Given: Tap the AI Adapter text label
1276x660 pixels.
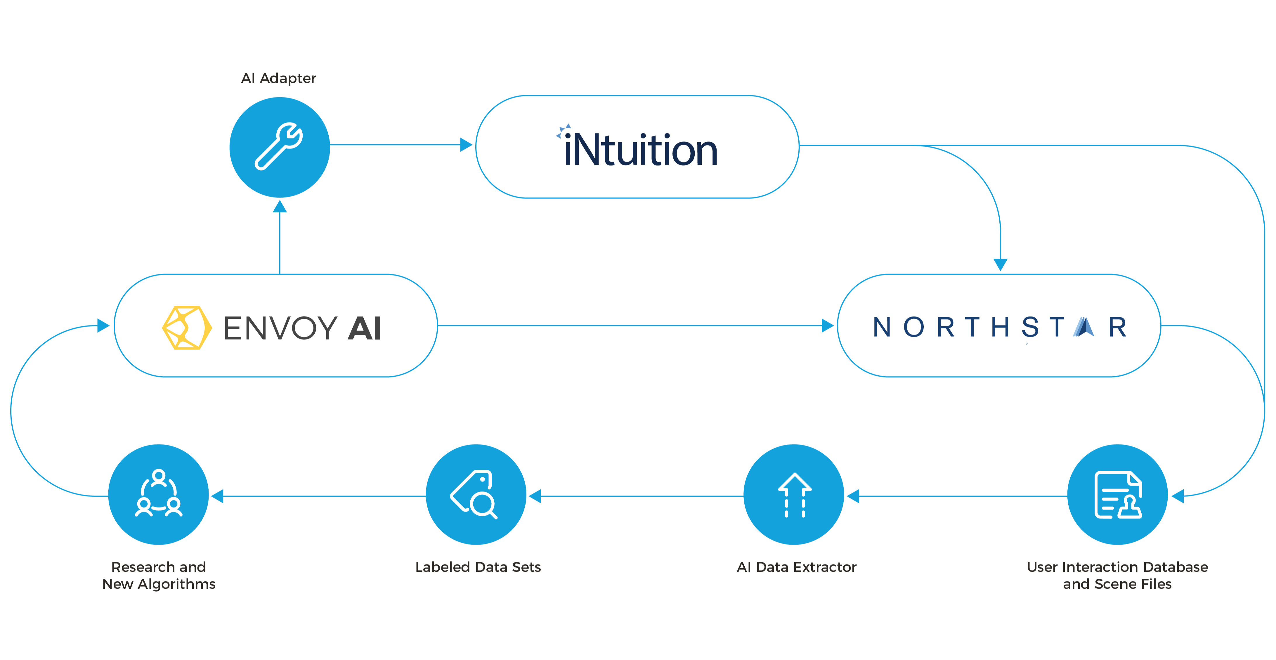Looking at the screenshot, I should (x=278, y=78).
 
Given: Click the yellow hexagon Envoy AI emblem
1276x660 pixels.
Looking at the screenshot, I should (x=187, y=328).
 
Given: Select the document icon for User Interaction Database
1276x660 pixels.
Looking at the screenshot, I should (x=1117, y=495).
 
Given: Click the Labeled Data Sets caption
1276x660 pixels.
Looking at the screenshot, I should (x=478, y=567).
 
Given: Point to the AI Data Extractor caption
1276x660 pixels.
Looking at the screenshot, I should (x=797, y=567).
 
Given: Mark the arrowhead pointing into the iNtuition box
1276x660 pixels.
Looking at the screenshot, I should (x=466, y=145).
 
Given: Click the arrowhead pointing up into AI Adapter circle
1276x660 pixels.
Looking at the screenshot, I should (x=280, y=207).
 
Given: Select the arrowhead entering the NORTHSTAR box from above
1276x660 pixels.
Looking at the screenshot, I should (x=1001, y=265).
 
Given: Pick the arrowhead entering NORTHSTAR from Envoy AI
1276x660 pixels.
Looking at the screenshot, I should (x=827, y=325).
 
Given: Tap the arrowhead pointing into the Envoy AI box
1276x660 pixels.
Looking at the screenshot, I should (x=103, y=325).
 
